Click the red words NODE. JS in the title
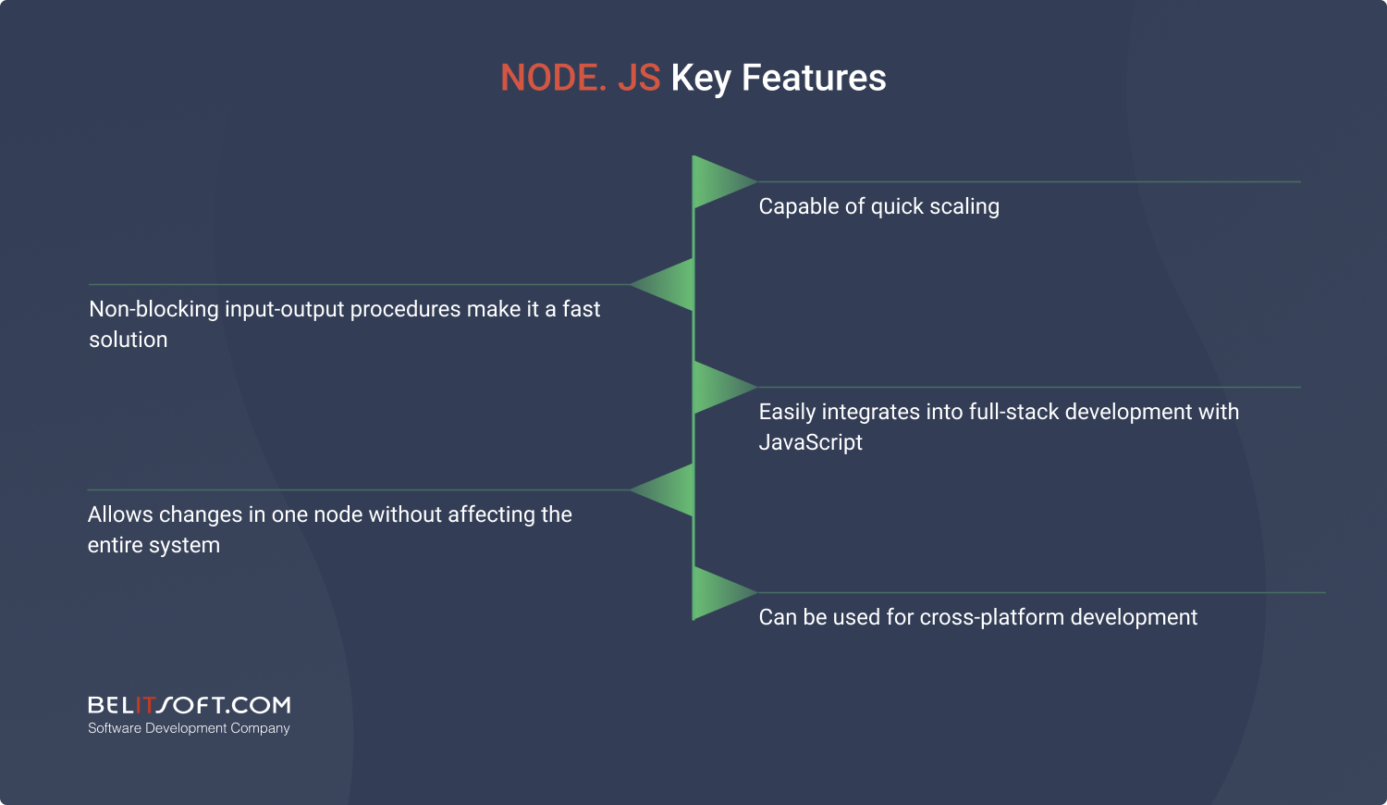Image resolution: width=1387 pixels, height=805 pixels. point(580,78)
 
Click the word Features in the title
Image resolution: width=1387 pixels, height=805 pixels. point(814,78)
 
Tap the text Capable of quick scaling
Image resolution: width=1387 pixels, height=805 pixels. point(878,206)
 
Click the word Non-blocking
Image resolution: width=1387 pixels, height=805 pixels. point(153,309)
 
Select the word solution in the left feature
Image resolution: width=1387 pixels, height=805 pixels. point(129,340)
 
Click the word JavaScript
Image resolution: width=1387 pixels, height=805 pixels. point(811,442)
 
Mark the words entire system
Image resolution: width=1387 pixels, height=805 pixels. point(153,545)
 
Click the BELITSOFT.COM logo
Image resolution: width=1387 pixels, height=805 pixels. point(189,705)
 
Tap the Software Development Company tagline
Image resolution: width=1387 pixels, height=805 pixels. point(189,728)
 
